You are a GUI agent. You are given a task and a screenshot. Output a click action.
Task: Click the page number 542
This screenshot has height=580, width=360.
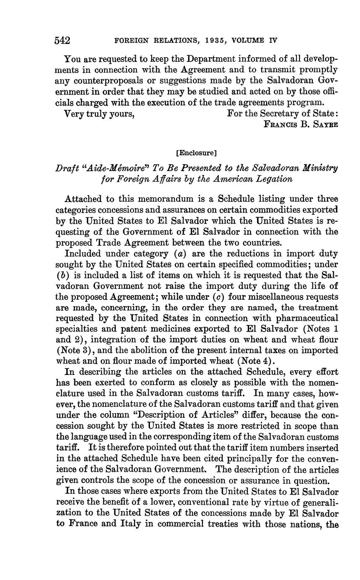[x=63, y=40]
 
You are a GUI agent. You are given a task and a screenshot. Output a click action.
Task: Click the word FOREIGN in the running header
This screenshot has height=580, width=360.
[x=130, y=41]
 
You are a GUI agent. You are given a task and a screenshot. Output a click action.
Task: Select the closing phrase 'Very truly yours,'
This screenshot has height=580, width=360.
[x=99, y=113]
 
